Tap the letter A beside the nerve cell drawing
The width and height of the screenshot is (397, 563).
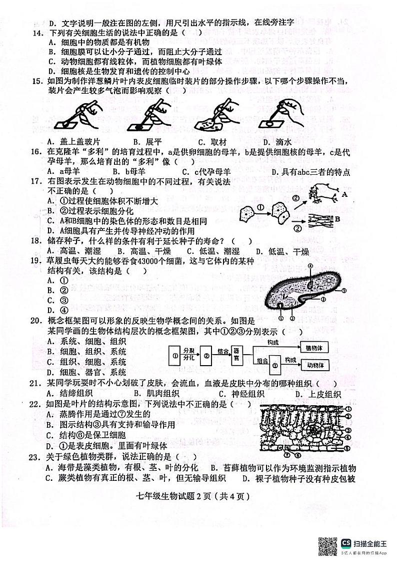pyautogui.click(x=344, y=194)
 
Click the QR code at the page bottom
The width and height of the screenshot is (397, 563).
pyautogui.click(x=327, y=544)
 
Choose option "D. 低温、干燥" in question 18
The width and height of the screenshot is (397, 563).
pyautogui.click(x=282, y=251)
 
